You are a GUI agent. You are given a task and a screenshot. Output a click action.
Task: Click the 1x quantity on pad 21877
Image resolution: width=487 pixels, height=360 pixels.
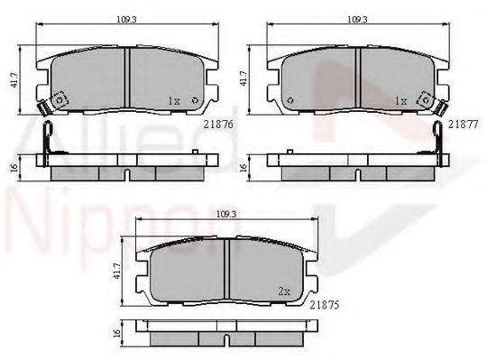click(x=400, y=101)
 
